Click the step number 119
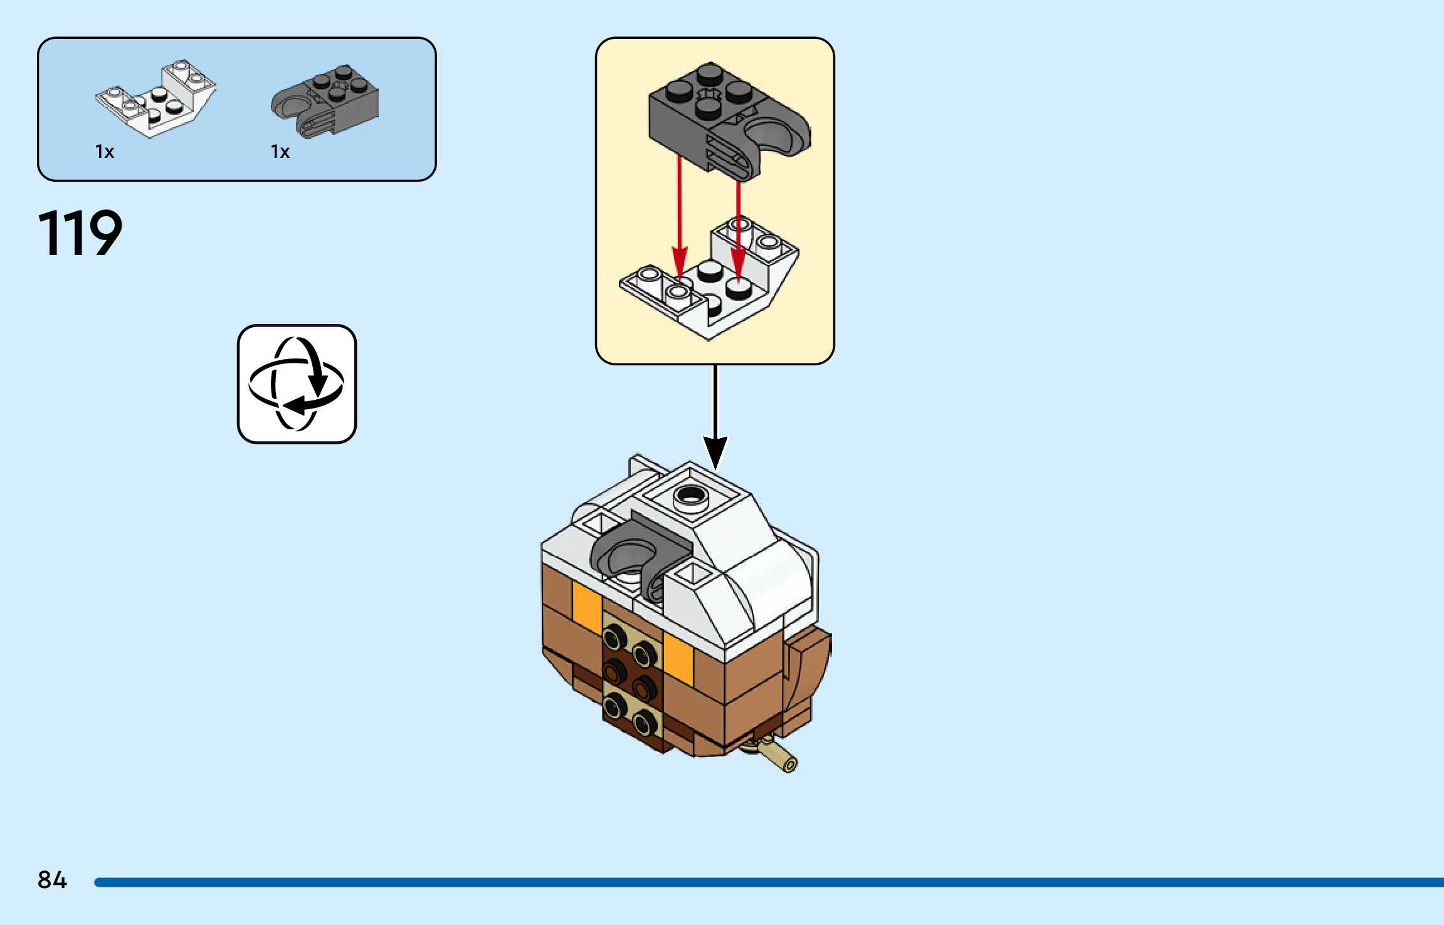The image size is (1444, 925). pyautogui.click(x=80, y=234)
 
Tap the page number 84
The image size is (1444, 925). pyautogui.click(x=52, y=880)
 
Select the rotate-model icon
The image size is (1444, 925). pyautogui.click(x=297, y=384)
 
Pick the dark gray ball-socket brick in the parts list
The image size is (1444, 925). pyautogui.click(x=326, y=100)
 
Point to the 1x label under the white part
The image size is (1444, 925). pyautogui.click(x=105, y=152)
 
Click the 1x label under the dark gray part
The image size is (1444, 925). pyautogui.click(x=280, y=152)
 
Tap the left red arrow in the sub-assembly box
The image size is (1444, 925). pyautogui.click(x=680, y=219)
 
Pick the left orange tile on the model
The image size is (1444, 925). pyautogui.click(x=587, y=605)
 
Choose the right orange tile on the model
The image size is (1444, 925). pyautogui.click(x=678, y=658)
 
